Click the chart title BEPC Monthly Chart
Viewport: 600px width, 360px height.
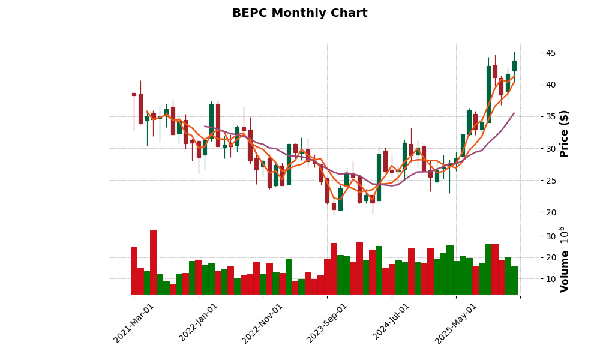299,13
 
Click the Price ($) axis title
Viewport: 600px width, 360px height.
565,133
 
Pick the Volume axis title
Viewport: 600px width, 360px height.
565,259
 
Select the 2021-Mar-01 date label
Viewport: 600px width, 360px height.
134,323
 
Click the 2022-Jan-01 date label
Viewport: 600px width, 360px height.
199,323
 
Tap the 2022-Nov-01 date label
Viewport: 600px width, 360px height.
262,323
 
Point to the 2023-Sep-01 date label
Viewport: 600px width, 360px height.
327,323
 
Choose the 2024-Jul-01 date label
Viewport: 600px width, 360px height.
391,323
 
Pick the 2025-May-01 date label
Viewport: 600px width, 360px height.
456,323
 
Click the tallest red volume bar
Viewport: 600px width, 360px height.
154,262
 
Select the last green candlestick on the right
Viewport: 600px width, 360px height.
514,66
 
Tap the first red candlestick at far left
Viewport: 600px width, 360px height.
134,94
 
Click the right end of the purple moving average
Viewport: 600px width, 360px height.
514,113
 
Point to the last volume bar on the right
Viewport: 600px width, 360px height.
514,280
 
